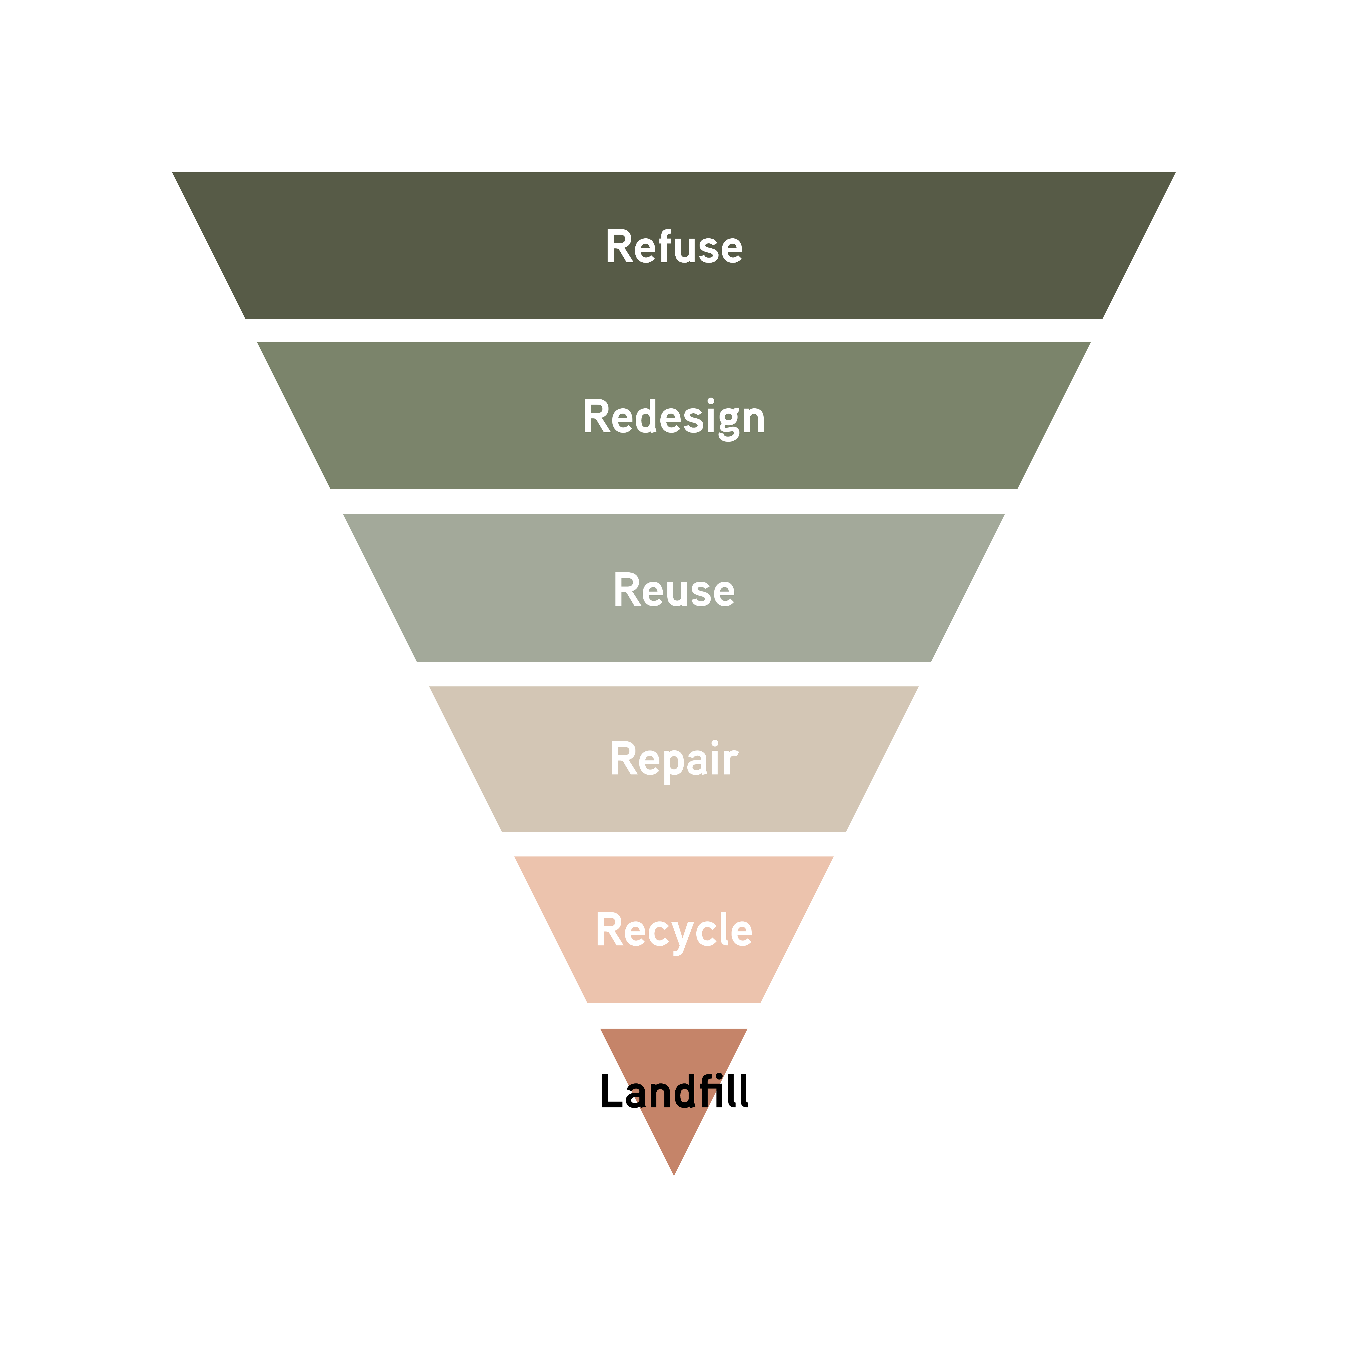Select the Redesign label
pyautogui.click(x=674, y=417)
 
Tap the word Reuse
pyautogui.click(x=674, y=590)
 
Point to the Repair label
pyautogui.click(x=674, y=759)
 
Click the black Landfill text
pyautogui.click(x=674, y=1091)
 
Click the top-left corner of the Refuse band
pyautogui.click(x=173, y=173)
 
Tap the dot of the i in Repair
pyautogui.click(x=715, y=744)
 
